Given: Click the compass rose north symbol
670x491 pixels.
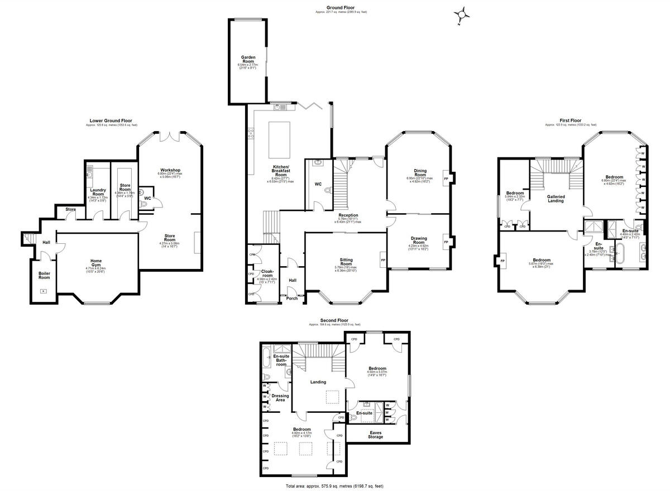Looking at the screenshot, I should [462, 14].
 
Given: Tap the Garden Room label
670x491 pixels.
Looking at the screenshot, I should [248, 59].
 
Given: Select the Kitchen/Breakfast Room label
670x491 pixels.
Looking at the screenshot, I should [280, 170].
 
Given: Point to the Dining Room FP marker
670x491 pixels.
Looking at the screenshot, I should [445, 178].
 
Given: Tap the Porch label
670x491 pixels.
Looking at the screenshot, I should [291, 298].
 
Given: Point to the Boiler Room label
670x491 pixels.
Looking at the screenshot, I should [44, 276].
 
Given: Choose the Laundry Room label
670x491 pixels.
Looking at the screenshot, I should [98, 191].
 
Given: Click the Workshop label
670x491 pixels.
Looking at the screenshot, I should [170, 170].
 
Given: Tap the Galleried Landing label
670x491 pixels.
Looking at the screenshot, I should [556, 199].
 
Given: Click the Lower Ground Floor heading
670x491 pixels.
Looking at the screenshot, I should [111, 121].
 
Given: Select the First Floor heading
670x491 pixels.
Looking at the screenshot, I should [571, 121].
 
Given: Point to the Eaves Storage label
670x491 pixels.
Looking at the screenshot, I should [375, 435].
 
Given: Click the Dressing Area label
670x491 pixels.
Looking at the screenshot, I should [280, 398].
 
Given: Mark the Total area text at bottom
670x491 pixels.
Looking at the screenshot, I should [334, 486].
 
